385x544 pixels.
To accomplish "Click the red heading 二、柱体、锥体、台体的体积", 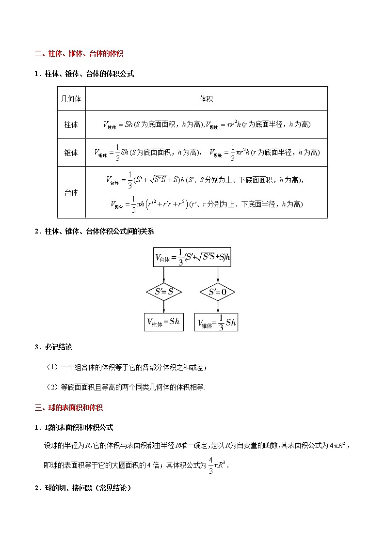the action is (x=82, y=54).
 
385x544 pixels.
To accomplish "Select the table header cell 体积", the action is (x=206, y=99).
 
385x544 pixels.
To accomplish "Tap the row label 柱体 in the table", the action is (x=71, y=124).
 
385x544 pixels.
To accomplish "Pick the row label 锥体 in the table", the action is (x=71, y=153).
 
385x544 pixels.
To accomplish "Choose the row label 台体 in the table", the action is (x=71, y=192).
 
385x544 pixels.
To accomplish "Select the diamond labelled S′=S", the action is (x=163, y=292).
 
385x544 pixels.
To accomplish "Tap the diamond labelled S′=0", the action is (x=217, y=292).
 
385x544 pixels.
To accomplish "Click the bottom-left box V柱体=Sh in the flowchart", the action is (x=163, y=322).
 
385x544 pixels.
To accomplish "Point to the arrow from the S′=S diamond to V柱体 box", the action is (x=163, y=308).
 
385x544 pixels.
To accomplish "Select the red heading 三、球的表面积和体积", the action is (x=68, y=408).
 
